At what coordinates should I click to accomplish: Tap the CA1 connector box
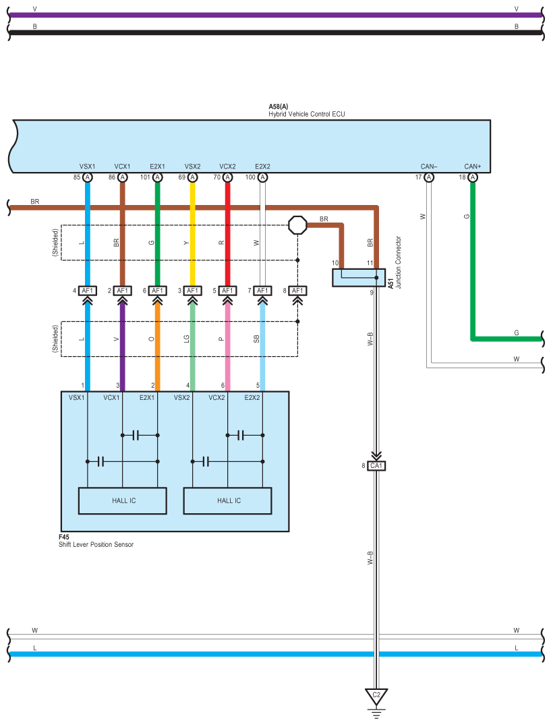(376, 465)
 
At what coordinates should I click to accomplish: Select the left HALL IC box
(123, 500)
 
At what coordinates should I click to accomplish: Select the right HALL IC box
(227, 500)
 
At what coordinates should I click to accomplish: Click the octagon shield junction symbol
(297, 225)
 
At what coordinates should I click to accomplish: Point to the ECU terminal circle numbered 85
(88, 177)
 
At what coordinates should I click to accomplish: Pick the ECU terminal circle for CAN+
(472, 177)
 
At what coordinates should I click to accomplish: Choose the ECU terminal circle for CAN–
(429, 177)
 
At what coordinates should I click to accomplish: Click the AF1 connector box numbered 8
(297, 291)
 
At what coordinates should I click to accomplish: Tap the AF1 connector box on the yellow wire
(192, 291)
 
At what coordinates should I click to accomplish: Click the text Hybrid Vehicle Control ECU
(306, 114)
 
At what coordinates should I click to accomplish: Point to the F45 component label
(64, 537)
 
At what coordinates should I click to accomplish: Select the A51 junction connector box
(359, 277)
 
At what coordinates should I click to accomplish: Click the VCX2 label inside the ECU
(227, 167)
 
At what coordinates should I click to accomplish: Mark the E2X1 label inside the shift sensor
(147, 398)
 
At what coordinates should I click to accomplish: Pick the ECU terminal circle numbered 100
(262, 177)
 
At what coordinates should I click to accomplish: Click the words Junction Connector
(399, 262)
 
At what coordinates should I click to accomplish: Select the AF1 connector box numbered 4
(88, 291)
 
